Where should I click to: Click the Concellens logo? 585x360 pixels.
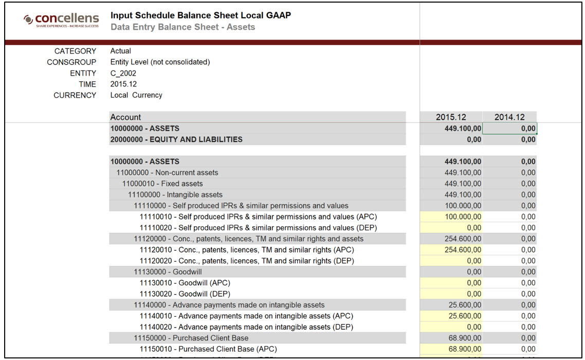click(61, 20)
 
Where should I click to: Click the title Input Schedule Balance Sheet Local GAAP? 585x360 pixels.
click(200, 15)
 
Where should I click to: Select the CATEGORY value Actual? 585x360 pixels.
click(121, 51)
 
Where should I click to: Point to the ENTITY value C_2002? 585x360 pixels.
click(123, 73)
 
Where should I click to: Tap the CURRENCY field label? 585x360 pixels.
click(75, 95)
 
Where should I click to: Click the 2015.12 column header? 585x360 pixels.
click(451, 117)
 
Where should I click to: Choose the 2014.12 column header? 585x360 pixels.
click(509, 117)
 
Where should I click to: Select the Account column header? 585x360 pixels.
click(125, 117)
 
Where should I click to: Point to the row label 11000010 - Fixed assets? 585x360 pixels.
click(162, 184)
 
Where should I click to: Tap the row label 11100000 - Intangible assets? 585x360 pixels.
click(175, 195)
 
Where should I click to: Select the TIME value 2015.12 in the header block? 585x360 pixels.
click(124, 84)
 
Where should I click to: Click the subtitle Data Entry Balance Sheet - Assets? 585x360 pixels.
click(182, 27)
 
